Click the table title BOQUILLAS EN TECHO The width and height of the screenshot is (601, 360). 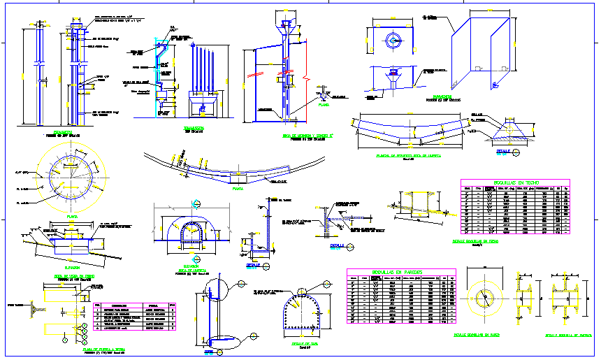[x=514, y=182]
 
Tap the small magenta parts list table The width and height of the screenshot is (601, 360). [x=136, y=317]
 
